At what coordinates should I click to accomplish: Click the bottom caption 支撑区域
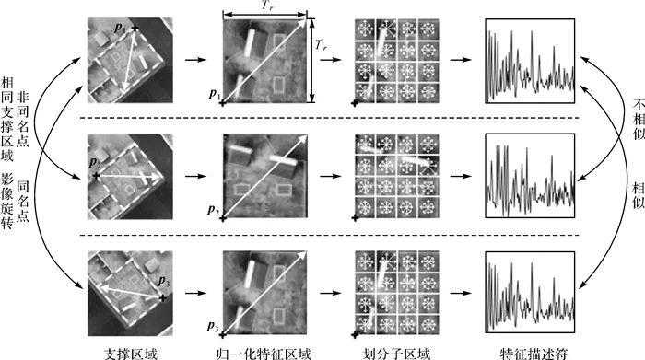click(131, 354)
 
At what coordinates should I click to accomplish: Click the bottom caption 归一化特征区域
click(264, 354)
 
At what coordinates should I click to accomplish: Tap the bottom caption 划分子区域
click(396, 354)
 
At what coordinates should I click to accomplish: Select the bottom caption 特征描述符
click(534, 354)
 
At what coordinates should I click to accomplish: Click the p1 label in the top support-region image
click(120, 29)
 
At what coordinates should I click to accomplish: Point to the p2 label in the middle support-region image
click(95, 163)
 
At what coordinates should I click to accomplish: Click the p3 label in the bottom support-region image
click(164, 282)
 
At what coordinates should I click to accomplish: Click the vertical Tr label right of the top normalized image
click(322, 44)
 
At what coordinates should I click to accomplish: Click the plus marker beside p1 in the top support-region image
click(135, 28)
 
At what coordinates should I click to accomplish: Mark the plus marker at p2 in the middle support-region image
click(96, 176)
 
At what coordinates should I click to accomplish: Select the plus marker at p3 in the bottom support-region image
click(163, 298)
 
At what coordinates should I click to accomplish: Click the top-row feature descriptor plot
click(530, 61)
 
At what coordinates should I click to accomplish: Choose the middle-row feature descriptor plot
click(530, 176)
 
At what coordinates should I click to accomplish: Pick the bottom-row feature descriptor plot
click(530, 292)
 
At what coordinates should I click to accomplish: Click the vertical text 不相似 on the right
click(639, 119)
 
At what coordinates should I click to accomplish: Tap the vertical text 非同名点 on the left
click(23, 120)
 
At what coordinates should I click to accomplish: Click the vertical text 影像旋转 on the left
click(7, 201)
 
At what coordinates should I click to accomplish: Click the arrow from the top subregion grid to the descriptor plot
click(461, 60)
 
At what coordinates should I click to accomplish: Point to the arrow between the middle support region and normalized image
click(195, 176)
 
